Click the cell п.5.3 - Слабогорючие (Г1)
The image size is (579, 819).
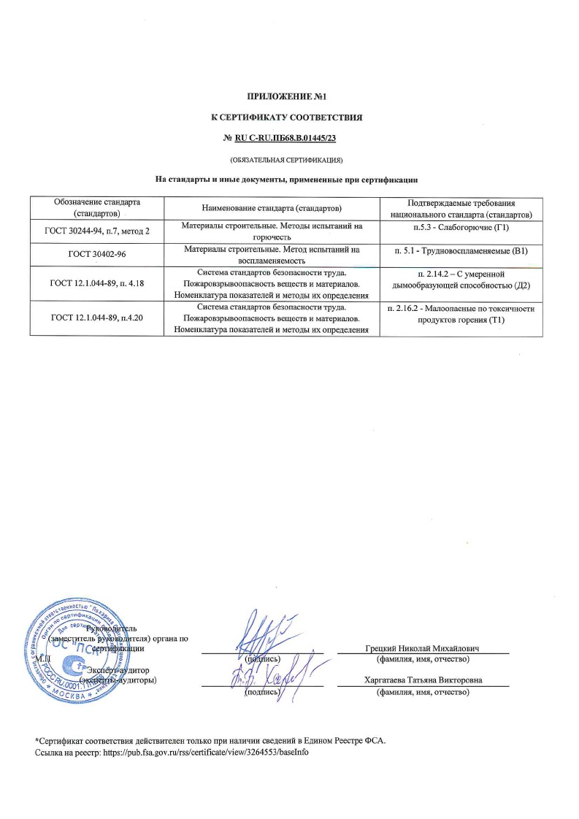460,228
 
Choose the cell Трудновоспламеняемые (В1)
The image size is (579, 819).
460,251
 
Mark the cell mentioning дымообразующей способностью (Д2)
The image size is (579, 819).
460,278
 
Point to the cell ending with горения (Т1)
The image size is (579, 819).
460,314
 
